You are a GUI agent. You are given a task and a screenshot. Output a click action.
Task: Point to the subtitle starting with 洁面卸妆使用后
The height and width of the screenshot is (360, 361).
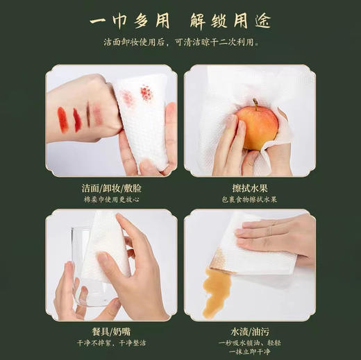click(181, 43)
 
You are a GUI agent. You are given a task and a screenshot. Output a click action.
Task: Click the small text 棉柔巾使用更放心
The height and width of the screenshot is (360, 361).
click(111, 200)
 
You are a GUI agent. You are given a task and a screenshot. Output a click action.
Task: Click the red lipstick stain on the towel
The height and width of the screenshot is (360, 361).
click(146, 93)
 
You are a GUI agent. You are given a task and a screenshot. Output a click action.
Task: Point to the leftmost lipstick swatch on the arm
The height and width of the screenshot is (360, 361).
click(62, 119)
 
